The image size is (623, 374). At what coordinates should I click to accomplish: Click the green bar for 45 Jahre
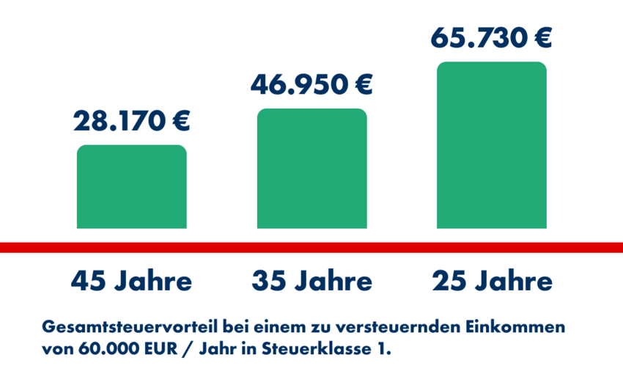pyautogui.click(x=132, y=187)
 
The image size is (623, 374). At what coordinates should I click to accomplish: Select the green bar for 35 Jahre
pyautogui.click(x=311, y=169)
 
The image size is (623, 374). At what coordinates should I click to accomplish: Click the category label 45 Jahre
pyautogui.click(x=132, y=281)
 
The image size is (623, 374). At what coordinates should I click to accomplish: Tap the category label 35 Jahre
pyautogui.click(x=311, y=281)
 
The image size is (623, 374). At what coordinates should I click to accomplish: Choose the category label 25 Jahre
pyautogui.click(x=491, y=281)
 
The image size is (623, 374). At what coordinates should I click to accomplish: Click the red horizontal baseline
pyautogui.click(x=311, y=247)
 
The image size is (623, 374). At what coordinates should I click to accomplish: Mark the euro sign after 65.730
pyautogui.click(x=540, y=37)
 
